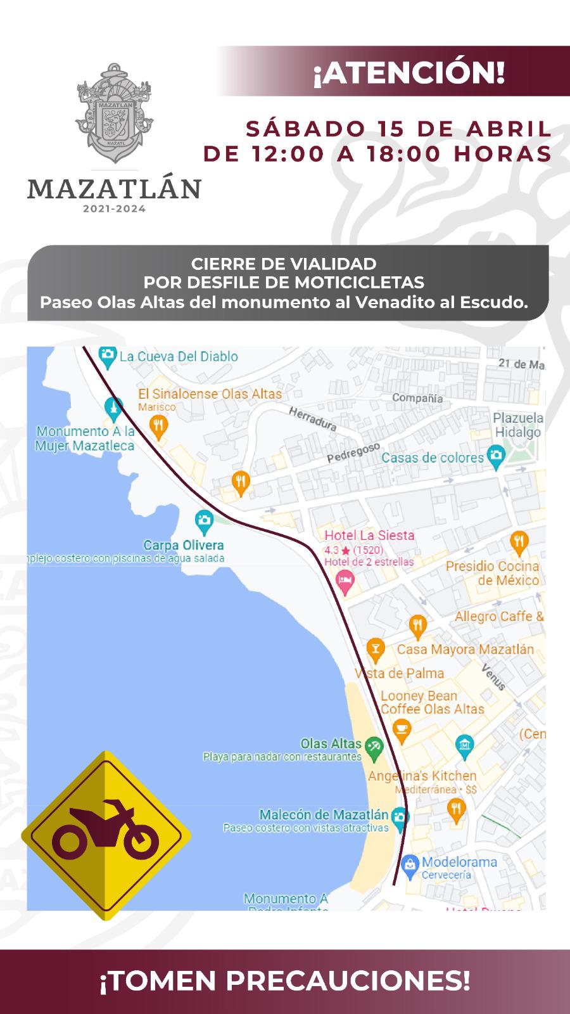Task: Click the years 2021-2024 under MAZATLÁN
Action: [114, 209]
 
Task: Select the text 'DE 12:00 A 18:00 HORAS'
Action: [377, 153]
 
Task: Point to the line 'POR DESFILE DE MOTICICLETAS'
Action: [284, 282]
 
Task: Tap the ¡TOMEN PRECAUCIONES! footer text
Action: [285, 982]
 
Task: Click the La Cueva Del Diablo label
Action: [178, 356]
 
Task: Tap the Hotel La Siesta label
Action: [369, 535]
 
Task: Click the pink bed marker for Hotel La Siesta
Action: [345, 581]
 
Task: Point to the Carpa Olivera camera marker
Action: [204, 522]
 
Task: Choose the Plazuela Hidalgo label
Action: [518, 425]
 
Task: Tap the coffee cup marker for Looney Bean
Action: [400, 729]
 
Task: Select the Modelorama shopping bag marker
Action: [410, 863]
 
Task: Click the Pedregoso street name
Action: [353, 452]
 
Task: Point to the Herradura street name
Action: [313, 419]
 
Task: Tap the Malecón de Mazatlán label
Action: [324, 814]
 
